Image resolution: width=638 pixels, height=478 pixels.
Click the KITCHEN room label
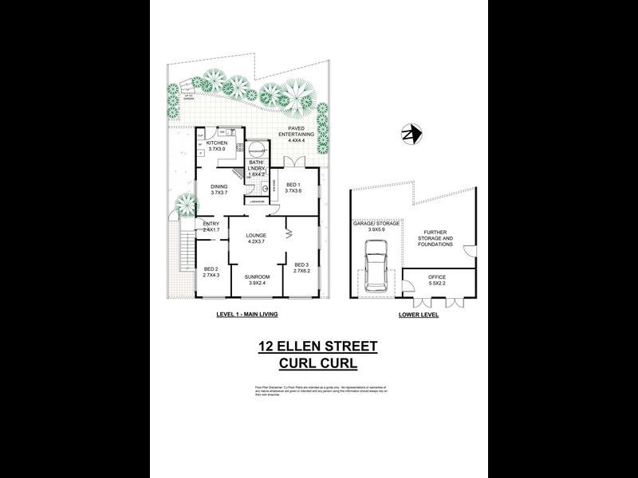[x=217, y=143]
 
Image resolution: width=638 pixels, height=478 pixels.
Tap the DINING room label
[x=219, y=187]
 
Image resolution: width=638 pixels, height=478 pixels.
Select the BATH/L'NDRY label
[x=257, y=165]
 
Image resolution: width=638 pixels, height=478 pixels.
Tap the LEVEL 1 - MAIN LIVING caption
[x=246, y=315]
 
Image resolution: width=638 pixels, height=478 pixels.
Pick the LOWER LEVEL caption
[x=419, y=315]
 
